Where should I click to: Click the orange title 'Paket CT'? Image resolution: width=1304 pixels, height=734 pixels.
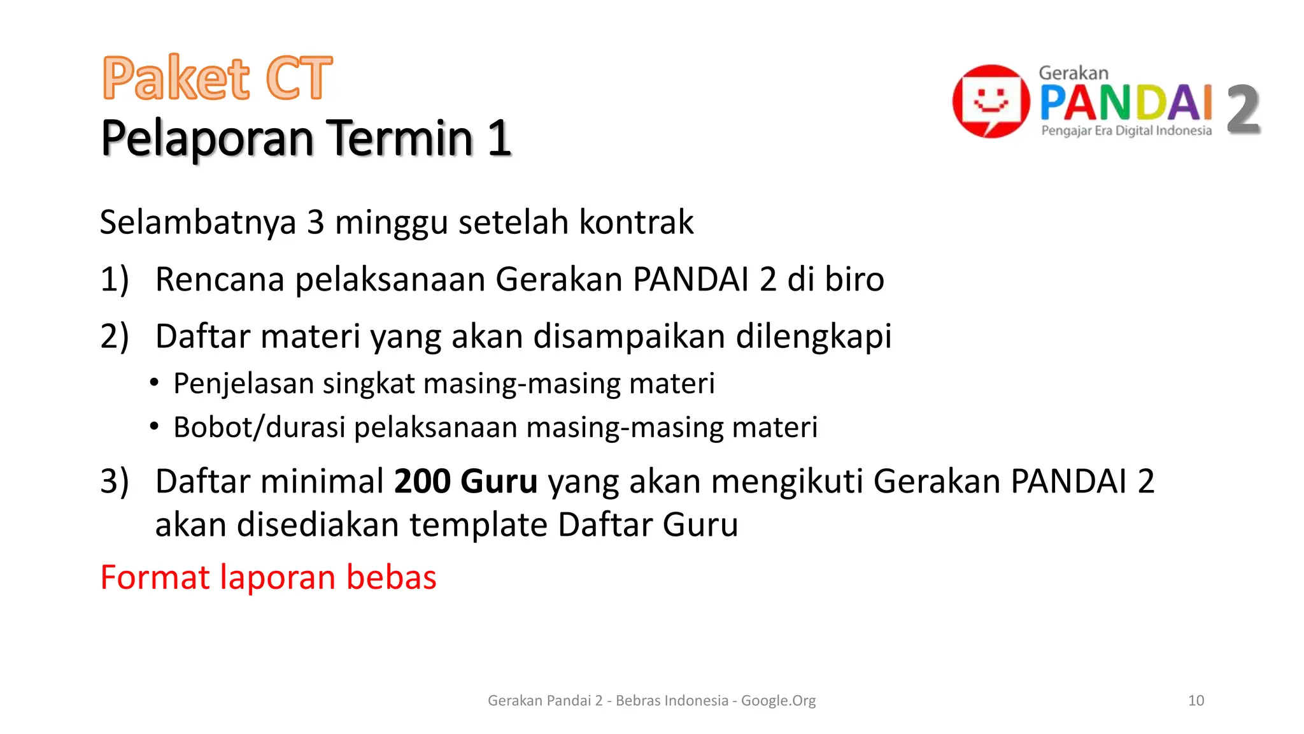[x=217, y=78]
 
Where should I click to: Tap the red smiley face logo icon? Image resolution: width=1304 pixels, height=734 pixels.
[x=991, y=101]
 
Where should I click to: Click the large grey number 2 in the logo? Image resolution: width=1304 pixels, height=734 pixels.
[x=1243, y=110]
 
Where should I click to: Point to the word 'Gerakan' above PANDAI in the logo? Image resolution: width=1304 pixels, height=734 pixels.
[x=1074, y=73]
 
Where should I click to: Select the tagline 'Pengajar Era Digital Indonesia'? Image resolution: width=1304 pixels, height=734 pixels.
[x=1126, y=131]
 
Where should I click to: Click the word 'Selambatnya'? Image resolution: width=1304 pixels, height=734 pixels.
[x=198, y=222]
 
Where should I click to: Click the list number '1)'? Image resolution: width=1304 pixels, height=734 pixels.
[x=115, y=280]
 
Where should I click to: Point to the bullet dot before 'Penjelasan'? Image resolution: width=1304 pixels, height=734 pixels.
[x=154, y=383]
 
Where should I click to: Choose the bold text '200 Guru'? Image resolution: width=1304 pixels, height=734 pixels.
[x=465, y=481]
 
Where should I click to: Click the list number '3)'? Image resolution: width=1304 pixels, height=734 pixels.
[x=115, y=481]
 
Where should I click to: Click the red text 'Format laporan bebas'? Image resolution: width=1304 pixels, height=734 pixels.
[x=268, y=577]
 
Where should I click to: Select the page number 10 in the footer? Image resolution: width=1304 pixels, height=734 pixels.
[x=1196, y=701]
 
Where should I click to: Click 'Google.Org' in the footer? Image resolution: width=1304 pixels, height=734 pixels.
[x=778, y=701]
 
